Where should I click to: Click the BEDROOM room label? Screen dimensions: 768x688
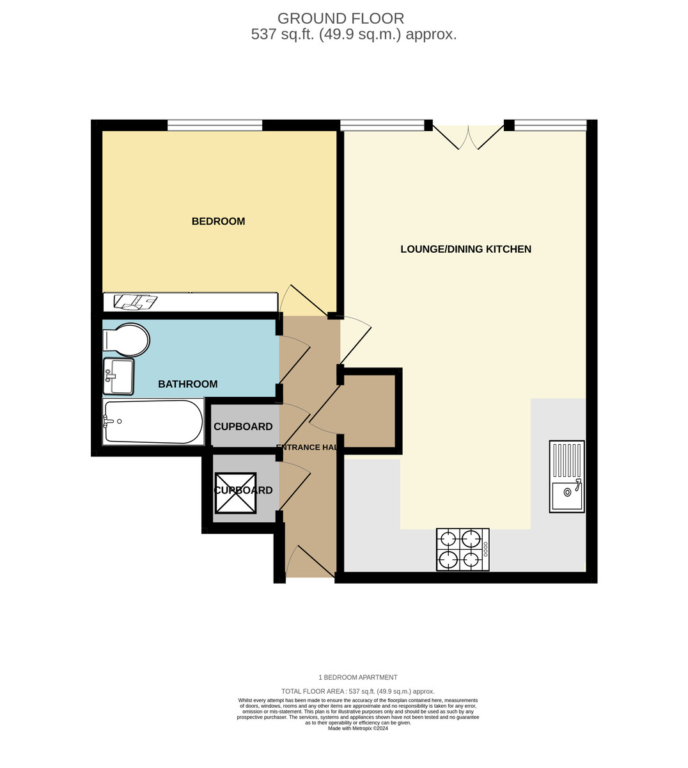(218, 221)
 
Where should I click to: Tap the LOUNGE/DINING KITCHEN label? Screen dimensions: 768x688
(465, 249)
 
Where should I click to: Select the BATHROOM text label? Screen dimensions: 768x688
(187, 384)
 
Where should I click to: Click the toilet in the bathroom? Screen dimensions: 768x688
(127, 340)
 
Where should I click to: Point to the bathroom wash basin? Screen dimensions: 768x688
(119, 376)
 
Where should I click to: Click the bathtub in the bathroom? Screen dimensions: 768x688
(153, 422)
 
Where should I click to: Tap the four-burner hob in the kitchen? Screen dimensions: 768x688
(462, 550)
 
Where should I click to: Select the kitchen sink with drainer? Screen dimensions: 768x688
(567, 476)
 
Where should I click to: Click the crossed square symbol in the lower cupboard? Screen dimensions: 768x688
(235, 493)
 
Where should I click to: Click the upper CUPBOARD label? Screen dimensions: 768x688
(243, 427)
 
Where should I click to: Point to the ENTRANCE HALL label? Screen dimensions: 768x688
(307, 447)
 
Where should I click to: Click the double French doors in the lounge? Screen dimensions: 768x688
(469, 136)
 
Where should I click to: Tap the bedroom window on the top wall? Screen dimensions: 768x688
(215, 125)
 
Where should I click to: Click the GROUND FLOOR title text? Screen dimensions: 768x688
(341, 19)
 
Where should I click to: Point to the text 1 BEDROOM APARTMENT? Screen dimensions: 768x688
(358, 677)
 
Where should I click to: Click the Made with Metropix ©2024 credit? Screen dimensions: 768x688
(358, 728)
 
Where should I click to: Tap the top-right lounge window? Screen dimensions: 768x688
(550, 125)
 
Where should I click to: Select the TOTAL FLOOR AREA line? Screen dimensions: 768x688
(358, 691)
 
